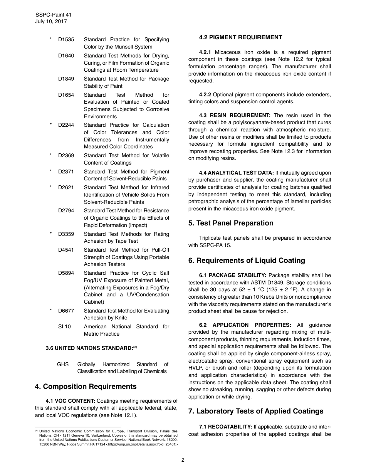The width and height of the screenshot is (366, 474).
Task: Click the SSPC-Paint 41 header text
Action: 54,15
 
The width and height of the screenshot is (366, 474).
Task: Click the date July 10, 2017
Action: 51,22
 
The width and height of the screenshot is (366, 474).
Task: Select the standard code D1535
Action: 66,40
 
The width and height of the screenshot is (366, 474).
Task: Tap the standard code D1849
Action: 66,79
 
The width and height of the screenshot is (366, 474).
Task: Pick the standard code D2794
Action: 66,211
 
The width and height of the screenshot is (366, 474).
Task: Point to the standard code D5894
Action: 66,273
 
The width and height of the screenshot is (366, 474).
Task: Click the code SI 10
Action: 64,327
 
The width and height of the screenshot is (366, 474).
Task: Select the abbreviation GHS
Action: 63,365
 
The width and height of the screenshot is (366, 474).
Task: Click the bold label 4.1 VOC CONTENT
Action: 70,401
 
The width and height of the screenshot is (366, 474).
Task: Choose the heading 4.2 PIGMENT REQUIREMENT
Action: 240,37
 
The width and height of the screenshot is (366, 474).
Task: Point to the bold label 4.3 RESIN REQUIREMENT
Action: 235,116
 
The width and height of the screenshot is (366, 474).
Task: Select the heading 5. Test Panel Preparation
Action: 231,223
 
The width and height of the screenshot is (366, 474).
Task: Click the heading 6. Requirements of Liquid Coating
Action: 247,261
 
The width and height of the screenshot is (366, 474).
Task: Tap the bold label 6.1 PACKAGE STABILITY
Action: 232,276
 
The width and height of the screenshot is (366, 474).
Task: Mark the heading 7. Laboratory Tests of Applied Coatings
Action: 256,411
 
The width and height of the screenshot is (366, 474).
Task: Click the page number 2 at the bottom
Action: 183,460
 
